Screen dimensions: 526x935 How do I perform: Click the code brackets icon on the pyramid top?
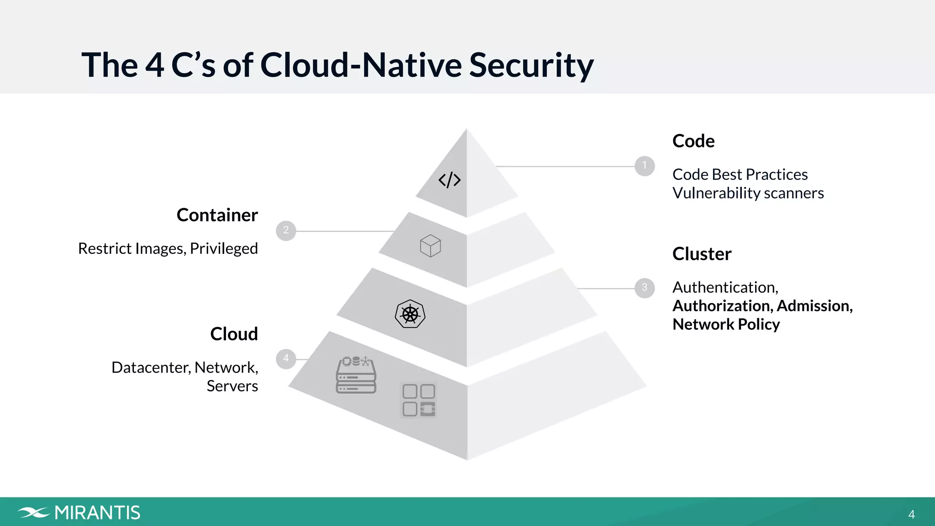[450, 180]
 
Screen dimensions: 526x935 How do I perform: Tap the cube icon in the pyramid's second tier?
[431, 246]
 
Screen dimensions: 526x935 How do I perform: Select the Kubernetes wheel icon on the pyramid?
[410, 314]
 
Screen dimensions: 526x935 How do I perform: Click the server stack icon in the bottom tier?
[356, 375]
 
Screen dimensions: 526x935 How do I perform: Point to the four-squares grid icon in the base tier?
[419, 400]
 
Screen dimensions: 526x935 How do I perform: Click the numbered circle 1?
[645, 166]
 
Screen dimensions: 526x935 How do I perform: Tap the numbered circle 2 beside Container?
[286, 231]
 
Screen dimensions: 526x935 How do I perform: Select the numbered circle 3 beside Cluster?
[645, 288]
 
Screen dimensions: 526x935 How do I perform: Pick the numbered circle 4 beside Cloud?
[286, 358]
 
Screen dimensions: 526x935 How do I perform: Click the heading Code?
[693, 141]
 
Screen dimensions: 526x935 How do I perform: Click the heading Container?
[217, 215]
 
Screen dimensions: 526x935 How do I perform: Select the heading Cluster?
[702, 254]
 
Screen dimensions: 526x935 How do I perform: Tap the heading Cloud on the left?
[234, 334]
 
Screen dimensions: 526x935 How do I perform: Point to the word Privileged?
[224, 249]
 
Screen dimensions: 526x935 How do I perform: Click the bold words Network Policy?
[726, 324]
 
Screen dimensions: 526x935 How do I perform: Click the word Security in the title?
[531, 65]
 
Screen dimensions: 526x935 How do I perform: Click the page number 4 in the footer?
[911, 515]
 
